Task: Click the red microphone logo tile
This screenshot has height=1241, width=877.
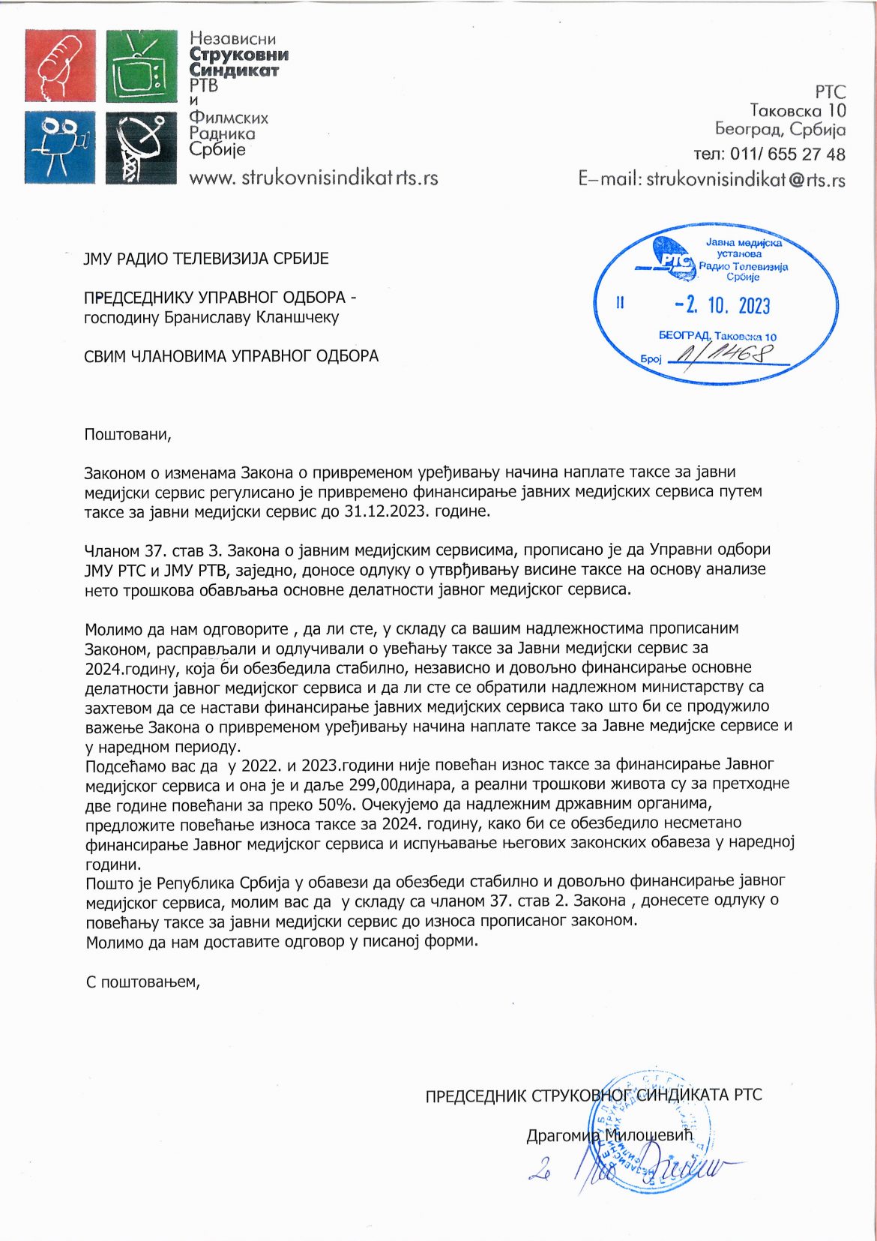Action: point(61,66)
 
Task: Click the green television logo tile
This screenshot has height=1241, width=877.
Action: point(142,66)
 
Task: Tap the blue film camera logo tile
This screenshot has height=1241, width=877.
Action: point(61,147)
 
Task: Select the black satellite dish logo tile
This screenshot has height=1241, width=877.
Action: point(142,147)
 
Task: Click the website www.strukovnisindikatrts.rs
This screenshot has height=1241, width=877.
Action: point(313,178)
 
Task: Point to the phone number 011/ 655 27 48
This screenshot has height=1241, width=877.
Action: point(787,154)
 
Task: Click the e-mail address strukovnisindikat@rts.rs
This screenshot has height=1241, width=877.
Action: point(745,180)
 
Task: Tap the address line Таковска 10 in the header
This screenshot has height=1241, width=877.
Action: point(798,111)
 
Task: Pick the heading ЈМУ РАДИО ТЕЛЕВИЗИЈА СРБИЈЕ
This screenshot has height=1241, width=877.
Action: point(206,259)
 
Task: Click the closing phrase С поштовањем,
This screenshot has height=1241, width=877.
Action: point(143,982)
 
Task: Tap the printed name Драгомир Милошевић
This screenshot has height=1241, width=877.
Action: point(609,1136)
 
